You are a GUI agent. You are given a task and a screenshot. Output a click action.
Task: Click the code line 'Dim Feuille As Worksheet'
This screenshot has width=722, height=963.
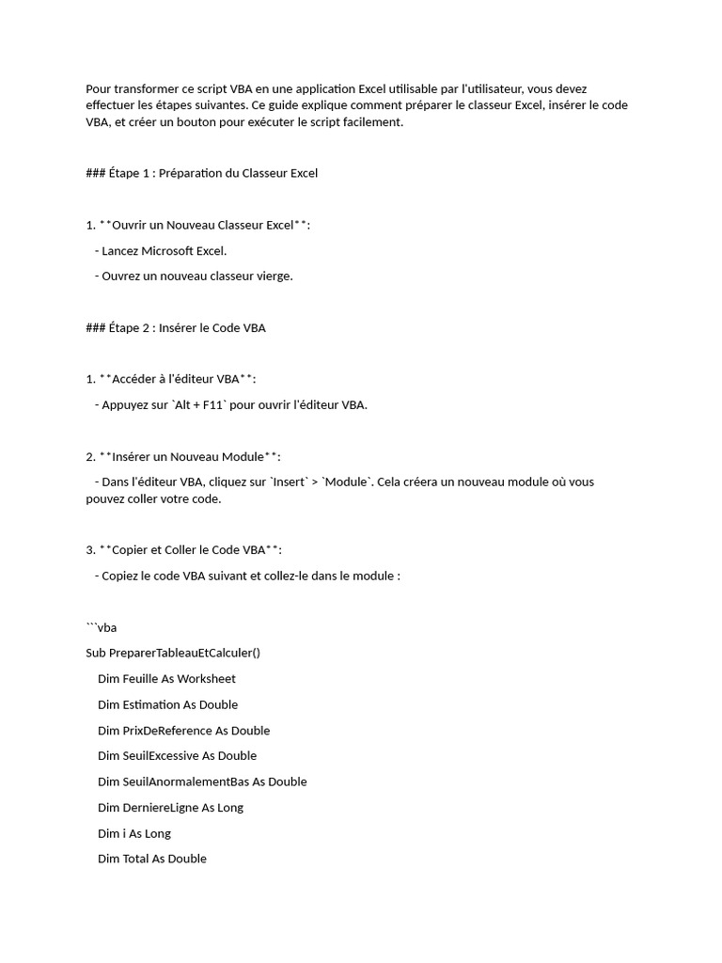166,678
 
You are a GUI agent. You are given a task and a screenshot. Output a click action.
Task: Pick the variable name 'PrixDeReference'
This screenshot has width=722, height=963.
167,730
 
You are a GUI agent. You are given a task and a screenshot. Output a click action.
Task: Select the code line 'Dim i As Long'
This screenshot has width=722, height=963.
134,833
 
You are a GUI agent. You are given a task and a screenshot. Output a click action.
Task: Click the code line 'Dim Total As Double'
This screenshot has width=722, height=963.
151,859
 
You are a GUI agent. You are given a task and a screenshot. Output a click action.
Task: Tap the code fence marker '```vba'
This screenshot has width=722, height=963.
101,627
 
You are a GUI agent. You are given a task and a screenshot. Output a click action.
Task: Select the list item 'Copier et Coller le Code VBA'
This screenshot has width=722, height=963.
189,549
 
